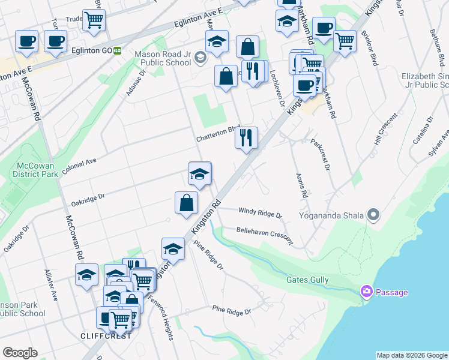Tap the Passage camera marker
(366, 292)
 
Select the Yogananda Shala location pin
(374, 214)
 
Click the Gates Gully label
(306, 280)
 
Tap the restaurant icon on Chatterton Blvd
(247, 139)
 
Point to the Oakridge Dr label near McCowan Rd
(88, 198)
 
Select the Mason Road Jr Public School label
(163, 58)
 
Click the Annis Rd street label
(301, 186)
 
